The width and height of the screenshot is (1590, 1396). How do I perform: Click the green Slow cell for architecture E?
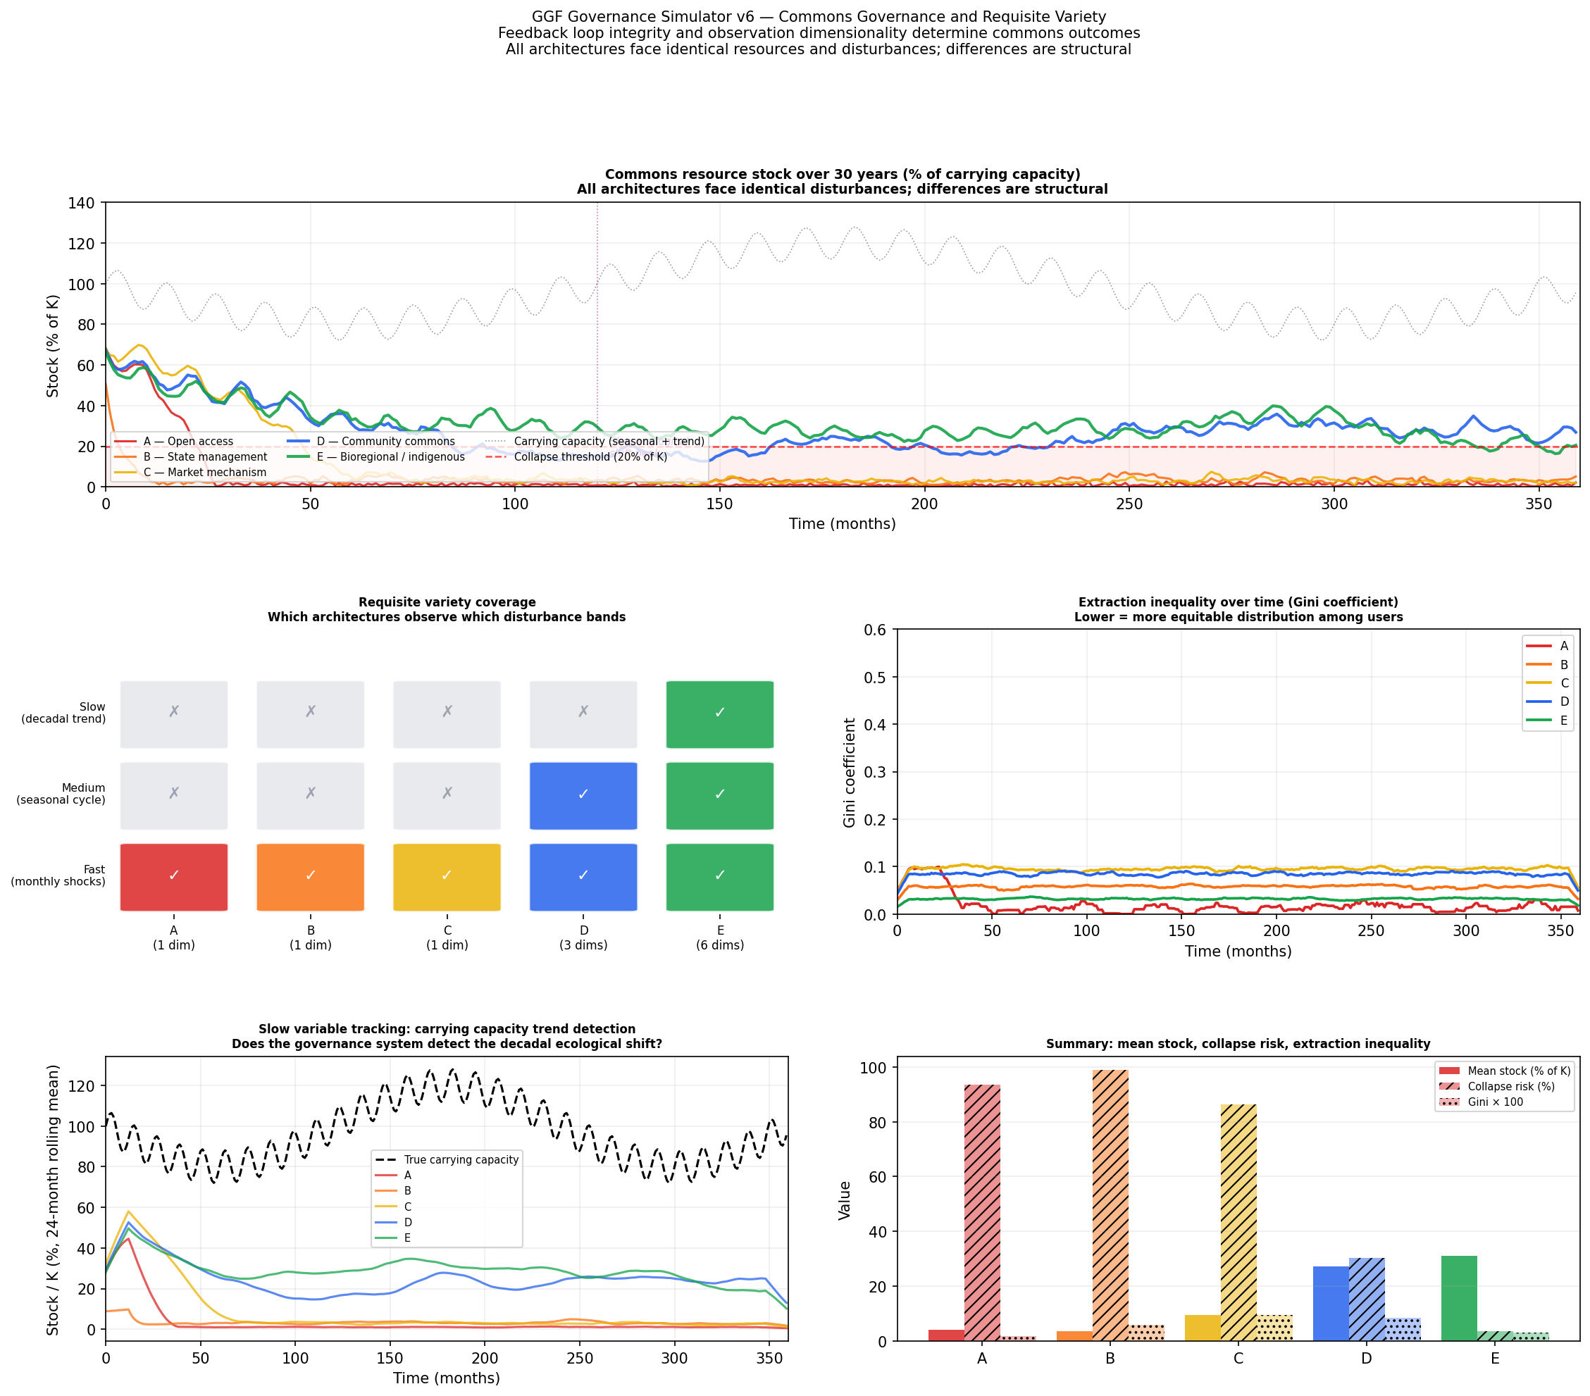pyautogui.click(x=719, y=714)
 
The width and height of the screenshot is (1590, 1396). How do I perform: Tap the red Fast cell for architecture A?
pyautogui.click(x=173, y=876)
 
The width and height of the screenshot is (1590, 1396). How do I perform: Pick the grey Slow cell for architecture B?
pyautogui.click(x=311, y=714)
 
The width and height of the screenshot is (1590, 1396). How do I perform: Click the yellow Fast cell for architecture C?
pyautogui.click(x=447, y=876)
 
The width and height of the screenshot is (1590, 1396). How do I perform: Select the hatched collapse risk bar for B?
pyautogui.click(x=1110, y=1205)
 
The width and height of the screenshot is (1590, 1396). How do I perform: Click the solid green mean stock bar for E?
pyautogui.click(x=1458, y=1298)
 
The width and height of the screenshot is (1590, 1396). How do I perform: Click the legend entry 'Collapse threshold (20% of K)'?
pyautogui.click(x=590, y=456)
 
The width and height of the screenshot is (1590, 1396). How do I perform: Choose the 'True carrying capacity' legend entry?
pyautogui.click(x=461, y=1159)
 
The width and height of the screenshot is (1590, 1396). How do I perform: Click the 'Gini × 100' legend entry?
pyautogui.click(x=1494, y=1102)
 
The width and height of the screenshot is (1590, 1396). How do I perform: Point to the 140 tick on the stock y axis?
pyautogui.click(x=81, y=203)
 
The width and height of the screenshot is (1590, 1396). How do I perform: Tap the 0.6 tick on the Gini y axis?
pyautogui.click(x=874, y=630)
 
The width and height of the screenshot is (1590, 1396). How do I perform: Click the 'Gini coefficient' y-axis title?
pyautogui.click(x=850, y=771)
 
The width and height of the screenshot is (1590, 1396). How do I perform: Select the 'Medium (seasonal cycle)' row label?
pyautogui.click(x=61, y=794)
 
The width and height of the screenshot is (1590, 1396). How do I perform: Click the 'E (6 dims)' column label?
pyautogui.click(x=719, y=937)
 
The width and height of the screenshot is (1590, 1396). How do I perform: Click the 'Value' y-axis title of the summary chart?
pyautogui.click(x=845, y=1200)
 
